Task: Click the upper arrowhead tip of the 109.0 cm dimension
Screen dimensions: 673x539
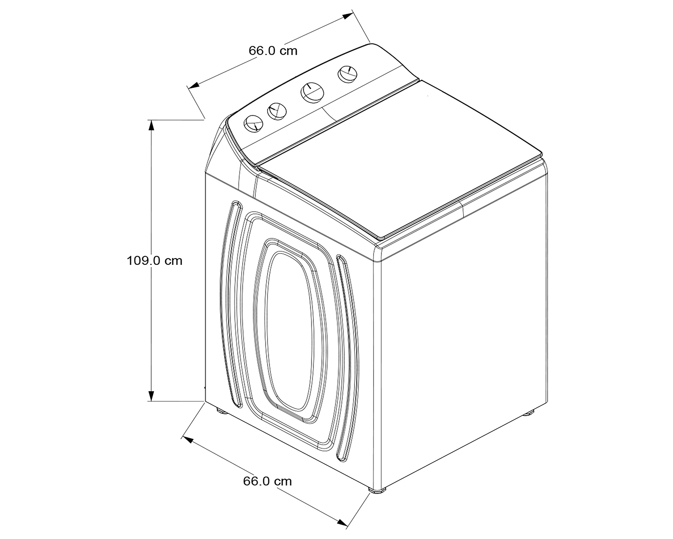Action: click(x=151, y=120)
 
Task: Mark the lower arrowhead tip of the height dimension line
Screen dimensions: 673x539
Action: click(x=151, y=401)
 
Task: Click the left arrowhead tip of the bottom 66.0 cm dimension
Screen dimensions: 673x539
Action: click(x=183, y=437)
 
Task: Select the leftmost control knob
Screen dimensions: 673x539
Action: click(x=253, y=123)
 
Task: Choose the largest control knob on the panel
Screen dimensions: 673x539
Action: click(x=312, y=92)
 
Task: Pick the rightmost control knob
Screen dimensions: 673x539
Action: click(x=347, y=74)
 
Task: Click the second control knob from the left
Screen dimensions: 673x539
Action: click(x=277, y=112)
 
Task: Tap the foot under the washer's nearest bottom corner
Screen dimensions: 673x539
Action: click(x=377, y=491)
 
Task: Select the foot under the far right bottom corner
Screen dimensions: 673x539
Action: click(x=529, y=413)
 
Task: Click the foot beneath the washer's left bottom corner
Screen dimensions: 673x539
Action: click(x=222, y=411)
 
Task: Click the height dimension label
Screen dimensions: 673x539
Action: click(x=154, y=261)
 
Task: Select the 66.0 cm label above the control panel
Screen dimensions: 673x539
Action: click(x=273, y=51)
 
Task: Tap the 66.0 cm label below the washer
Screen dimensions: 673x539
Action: click(x=268, y=481)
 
